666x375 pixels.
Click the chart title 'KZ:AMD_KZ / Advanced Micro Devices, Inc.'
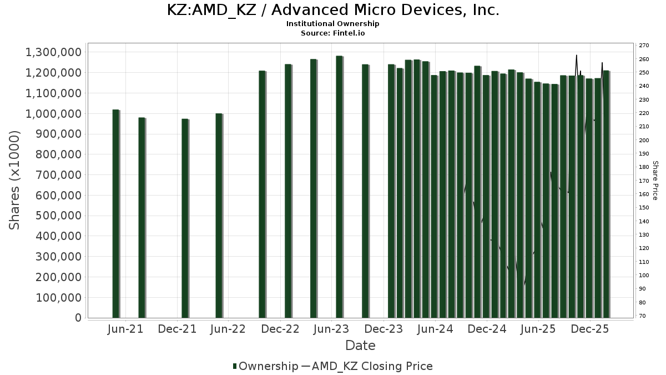(333, 10)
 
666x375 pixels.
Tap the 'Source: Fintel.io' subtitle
(333, 33)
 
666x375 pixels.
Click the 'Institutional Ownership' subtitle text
(333, 24)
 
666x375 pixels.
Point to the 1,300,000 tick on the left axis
(54, 52)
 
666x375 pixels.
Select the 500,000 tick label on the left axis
(54, 216)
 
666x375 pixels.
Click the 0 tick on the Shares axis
(78, 318)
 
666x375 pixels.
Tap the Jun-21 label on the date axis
(125, 329)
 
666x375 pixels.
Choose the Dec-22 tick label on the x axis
(281, 329)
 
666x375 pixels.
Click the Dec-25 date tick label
(591, 329)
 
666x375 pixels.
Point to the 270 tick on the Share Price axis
(644, 46)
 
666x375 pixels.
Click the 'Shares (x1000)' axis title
(15, 180)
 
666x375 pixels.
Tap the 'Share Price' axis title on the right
(655, 180)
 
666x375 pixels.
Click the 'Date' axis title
(360, 346)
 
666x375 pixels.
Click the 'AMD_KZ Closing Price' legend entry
(372, 366)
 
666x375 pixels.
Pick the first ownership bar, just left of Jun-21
(115, 214)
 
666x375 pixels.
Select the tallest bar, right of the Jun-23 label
(339, 187)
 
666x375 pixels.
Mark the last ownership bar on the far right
(606, 194)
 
